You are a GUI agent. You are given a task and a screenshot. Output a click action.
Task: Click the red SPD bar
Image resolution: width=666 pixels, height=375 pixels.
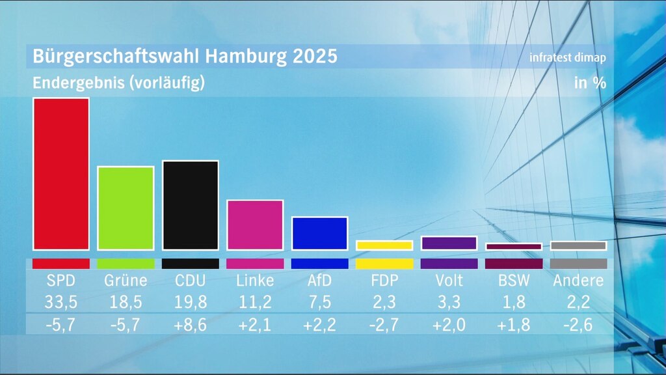click(61, 174)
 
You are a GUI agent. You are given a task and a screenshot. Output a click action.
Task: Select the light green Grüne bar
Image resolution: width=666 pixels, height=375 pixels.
click(126, 208)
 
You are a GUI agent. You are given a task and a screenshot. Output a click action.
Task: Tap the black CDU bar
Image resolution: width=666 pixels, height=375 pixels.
click(190, 205)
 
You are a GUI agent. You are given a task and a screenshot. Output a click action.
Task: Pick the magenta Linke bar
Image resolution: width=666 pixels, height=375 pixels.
click(255, 225)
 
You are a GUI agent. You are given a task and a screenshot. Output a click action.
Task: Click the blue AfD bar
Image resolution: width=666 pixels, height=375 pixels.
click(319, 233)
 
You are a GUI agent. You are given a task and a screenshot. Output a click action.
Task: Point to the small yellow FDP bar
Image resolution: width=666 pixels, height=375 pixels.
click(384, 245)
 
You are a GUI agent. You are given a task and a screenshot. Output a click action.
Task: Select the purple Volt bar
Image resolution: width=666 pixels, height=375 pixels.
click(449, 243)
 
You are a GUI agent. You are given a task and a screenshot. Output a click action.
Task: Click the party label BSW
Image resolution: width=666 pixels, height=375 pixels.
click(513, 281)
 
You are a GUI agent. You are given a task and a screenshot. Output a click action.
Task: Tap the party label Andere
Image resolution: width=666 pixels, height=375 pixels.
click(578, 281)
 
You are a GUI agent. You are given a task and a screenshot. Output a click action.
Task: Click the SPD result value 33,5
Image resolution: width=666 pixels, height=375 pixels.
click(61, 303)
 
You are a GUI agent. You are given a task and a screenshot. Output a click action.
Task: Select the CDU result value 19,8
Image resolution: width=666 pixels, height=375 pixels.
click(190, 303)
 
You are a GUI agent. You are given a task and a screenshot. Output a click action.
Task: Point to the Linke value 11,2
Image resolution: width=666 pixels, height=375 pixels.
click(255, 303)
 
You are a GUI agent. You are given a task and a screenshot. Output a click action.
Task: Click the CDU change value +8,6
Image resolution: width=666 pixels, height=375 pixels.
click(190, 325)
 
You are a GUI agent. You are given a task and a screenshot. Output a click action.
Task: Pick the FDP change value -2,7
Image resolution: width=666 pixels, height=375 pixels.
click(384, 325)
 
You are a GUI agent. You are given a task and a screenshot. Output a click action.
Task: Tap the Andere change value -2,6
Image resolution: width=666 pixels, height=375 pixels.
click(578, 325)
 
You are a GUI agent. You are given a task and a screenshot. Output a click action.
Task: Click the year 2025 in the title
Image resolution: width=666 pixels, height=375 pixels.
click(315, 56)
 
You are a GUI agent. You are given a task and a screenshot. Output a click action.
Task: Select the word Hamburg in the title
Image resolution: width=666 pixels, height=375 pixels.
click(246, 56)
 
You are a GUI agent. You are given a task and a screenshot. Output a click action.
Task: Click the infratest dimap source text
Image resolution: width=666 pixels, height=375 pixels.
click(568, 57)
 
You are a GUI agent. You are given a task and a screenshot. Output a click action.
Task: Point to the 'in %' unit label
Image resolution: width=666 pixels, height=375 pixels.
click(590, 83)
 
